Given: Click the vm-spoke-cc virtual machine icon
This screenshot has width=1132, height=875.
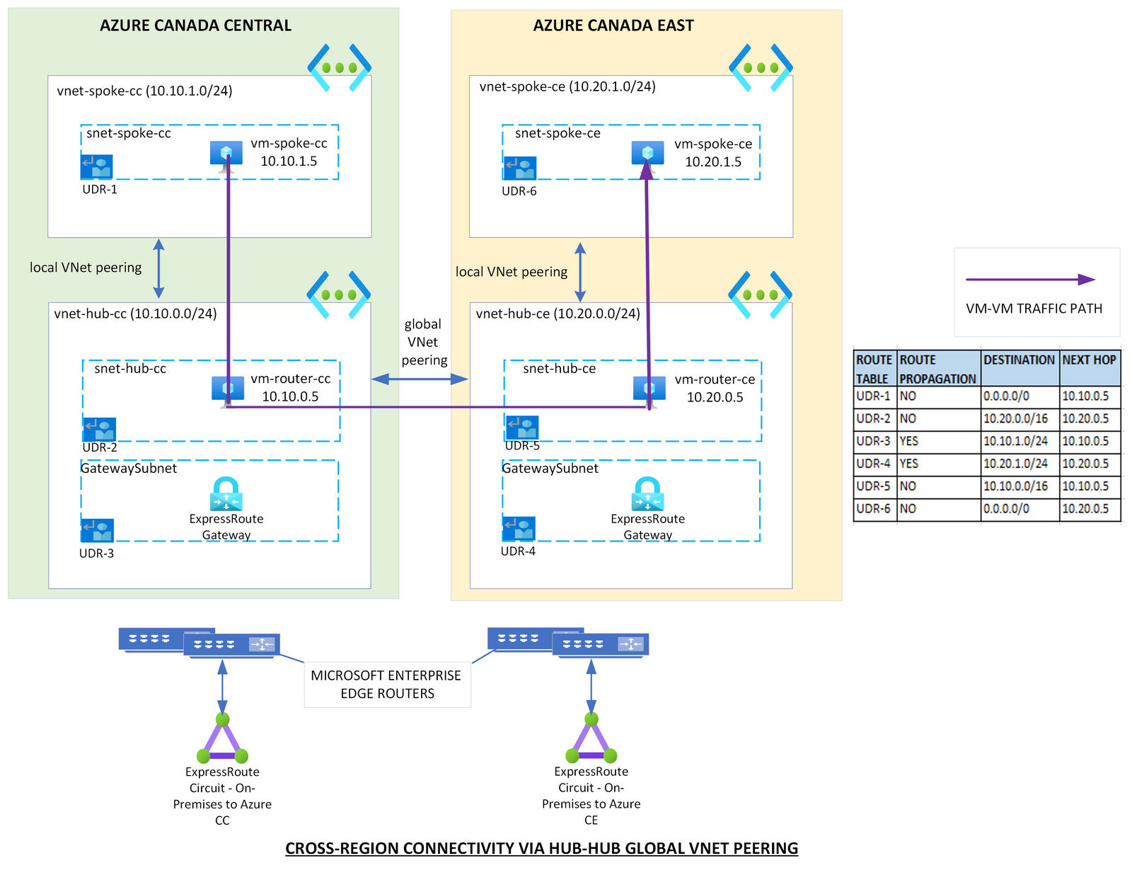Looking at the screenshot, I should (x=226, y=154).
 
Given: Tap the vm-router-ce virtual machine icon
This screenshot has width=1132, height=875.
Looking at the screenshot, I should (x=649, y=388).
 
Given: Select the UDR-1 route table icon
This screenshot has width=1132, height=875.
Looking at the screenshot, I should (x=97, y=168).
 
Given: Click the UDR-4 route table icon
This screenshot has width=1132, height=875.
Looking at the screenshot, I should (x=519, y=529).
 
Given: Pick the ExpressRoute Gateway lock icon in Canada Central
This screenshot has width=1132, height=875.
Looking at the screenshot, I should (x=226, y=493).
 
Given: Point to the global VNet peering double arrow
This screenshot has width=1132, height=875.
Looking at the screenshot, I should (x=420, y=379).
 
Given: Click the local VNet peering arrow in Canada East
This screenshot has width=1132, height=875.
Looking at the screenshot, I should (x=580, y=273).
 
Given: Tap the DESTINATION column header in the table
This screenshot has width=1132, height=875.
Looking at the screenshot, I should (x=1019, y=360).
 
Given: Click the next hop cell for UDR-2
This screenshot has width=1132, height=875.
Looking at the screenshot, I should (x=1089, y=418).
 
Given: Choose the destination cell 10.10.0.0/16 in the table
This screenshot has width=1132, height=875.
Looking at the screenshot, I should (x=1019, y=486).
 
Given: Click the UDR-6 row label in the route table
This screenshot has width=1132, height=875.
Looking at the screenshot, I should (x=874, y=509).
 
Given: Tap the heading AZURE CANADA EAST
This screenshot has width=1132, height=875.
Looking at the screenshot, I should (x=613, y=25).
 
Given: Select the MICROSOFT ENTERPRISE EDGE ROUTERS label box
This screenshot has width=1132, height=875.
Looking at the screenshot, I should (x=387, y=685).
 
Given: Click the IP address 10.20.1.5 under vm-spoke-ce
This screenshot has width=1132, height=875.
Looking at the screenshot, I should (x=712, y=162).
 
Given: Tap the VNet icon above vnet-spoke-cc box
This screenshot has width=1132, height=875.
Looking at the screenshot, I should (x=340, y=68).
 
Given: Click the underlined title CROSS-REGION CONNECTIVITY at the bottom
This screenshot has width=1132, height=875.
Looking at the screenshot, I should (x=541, y=848).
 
